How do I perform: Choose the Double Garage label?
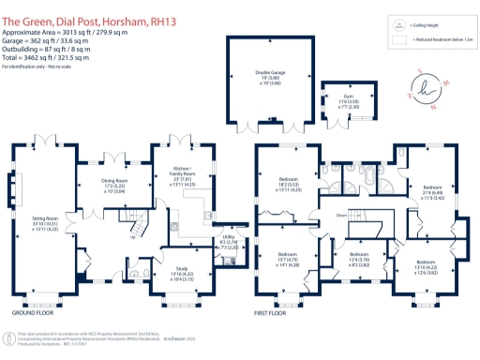coord(270,77)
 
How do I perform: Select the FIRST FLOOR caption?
coord(277,313)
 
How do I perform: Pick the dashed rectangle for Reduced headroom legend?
coord(398,39)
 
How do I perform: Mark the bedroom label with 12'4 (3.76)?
coord(360,260)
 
